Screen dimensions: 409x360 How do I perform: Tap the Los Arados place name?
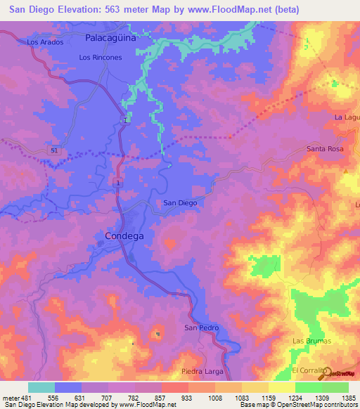[45, 42]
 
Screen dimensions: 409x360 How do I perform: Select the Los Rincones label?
[101, 58]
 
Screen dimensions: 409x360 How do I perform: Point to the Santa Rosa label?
[325, 149]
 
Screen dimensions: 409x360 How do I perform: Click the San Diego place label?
[180, 202]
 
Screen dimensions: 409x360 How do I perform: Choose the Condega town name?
[124, 236]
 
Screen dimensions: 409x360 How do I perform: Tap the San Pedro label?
[202, 328]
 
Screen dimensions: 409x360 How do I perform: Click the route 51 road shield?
[54, 150]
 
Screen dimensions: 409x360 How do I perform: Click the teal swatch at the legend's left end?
[41, 387]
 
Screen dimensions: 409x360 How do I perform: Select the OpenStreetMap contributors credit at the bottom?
[316, 405]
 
